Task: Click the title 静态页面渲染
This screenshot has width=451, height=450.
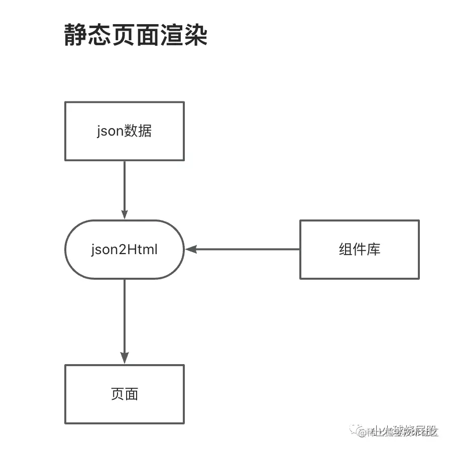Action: click(136, 36)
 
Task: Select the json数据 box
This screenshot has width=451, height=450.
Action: click(125, 131)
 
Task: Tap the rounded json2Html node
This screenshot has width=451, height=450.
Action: click(125, 249)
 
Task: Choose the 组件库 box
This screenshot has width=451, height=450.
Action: click(359, 249)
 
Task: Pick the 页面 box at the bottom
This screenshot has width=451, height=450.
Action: click(125, 394)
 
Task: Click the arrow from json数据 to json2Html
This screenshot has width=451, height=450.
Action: click(125, 186)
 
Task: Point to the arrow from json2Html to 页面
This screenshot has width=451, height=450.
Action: click(125, 316)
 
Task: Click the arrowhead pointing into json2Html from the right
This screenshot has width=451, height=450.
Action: click(190, 249)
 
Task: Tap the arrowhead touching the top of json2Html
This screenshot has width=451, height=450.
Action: click(125, 214)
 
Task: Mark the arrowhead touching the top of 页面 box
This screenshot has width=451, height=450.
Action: click(125, 358)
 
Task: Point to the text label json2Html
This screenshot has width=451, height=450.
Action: click(125, 250)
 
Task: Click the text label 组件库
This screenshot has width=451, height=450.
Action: click(359, 249)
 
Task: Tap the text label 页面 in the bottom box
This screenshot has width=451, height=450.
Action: click(125, 394)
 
